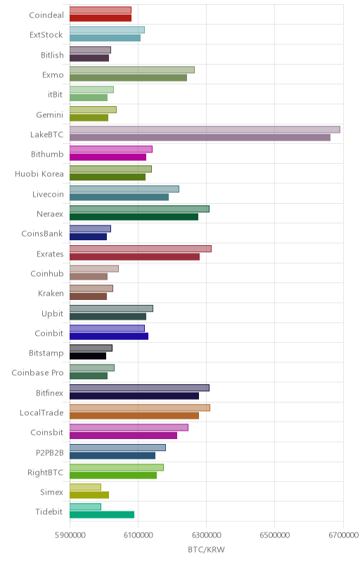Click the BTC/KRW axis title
pos(206,549)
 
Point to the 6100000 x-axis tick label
pos(139,535)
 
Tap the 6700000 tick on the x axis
pos(343,535)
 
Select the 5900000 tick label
pos(70,535)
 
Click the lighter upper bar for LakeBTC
pos(205,129)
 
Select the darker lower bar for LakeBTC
pos(200,137)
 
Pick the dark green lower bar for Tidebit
pos(102,515)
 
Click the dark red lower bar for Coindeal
pos(101,18)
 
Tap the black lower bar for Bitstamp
pos(88,356)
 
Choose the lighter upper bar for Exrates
pos(141,249)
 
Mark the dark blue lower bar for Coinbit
pos(109,336)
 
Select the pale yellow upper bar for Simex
pos(85,487)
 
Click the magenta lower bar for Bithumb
pos(108,157)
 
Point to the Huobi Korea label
pos(39,174)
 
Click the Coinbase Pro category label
pos(37,373)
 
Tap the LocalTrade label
pos(41,412)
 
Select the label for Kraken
pos(51,293)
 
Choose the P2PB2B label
pos(49,452)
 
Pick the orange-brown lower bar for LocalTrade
pos(134,416)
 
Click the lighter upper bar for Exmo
pos(132,70)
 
